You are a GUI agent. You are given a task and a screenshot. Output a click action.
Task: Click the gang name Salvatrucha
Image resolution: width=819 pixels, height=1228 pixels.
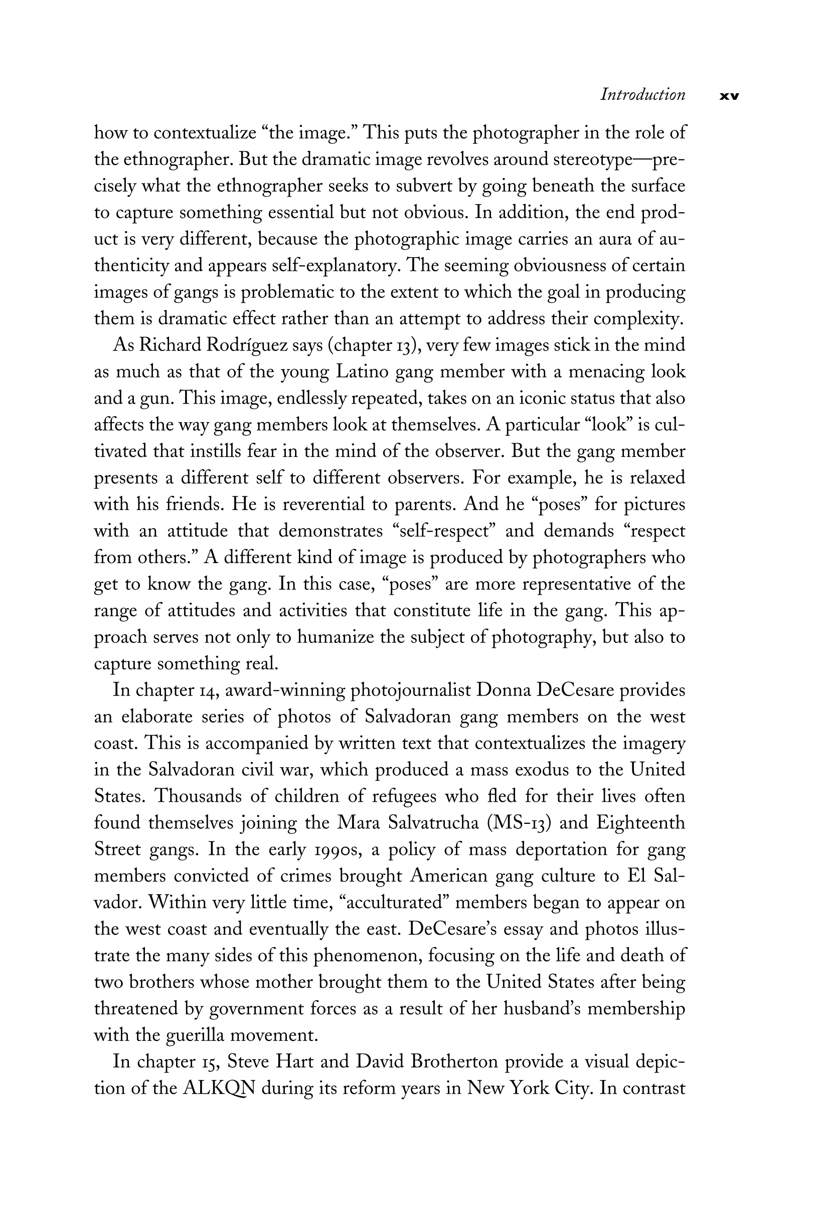coord(433,823)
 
